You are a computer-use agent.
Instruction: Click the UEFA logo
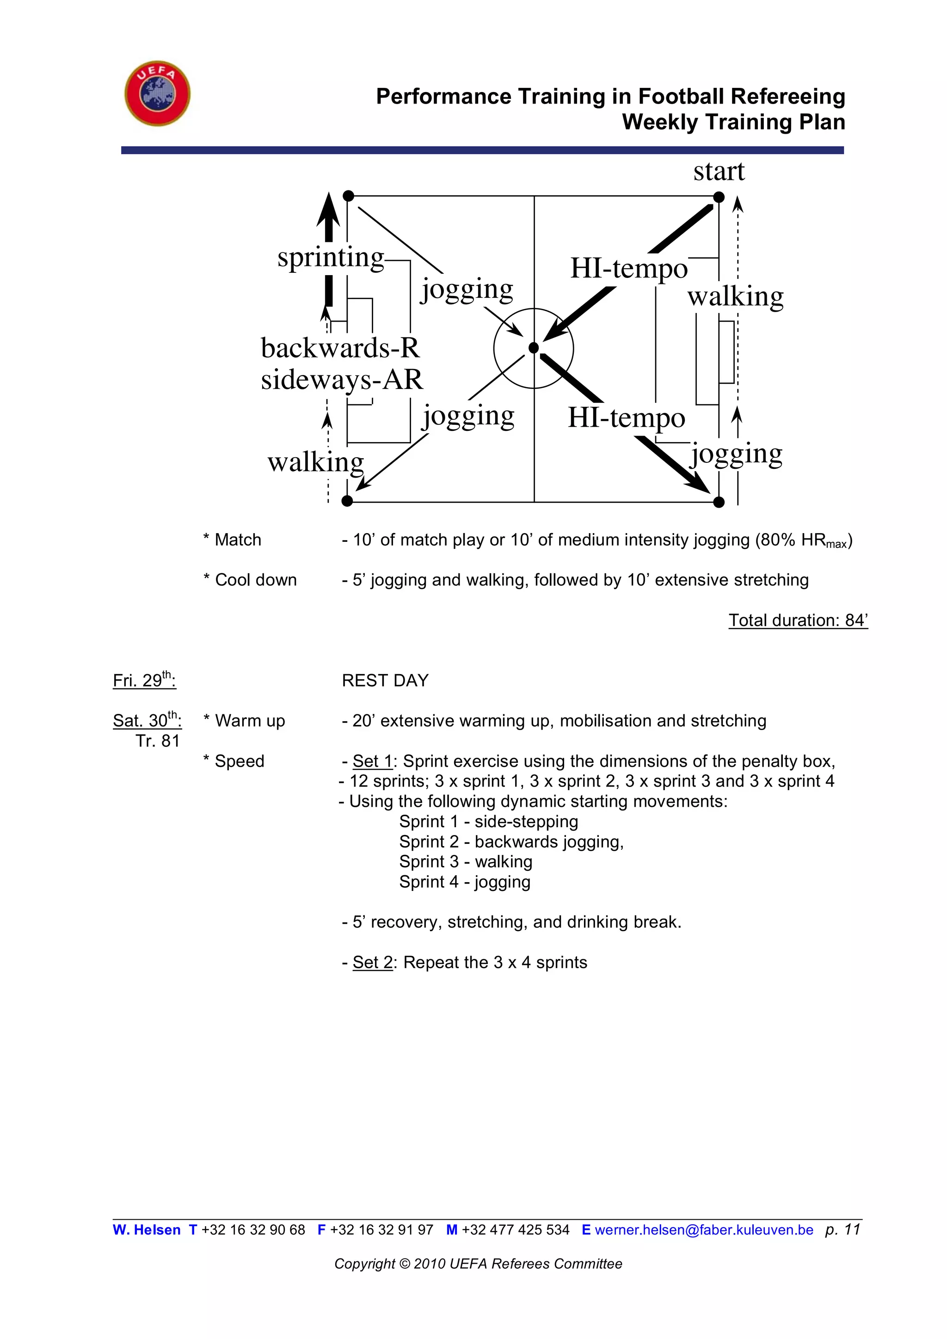pyautogui.click(x=157, y=93)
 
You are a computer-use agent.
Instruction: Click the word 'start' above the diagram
pyautogui.click(x=719, y=172)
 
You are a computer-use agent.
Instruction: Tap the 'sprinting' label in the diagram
pyautogui.click(x=331, y=257)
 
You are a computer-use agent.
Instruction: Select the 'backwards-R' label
pyautogui.click(x=340, y=348)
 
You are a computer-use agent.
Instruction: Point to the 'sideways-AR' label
pyautogui.click(x=342, y=380)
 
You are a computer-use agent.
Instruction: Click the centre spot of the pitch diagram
pyautogui.click(x=534, y=348)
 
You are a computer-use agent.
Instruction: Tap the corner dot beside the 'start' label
pyautogui.click(x=719, y=197)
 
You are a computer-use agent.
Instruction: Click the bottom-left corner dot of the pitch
pyautogui.click(x=347, y=501)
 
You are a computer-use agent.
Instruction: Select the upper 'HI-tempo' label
pyautogui.click(x=628, y=269)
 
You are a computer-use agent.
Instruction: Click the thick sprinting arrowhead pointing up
pyautogui.click(x=328, y=210)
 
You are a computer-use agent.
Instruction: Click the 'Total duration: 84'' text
pyautogui.click(x=798, y=620)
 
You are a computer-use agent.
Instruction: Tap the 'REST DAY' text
pyautogui.click(x=385, y=681)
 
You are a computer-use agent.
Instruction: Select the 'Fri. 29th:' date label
pyautogui.click(x=144, y=680)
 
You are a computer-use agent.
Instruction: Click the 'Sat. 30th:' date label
pyautogui.click(x=147, y=720)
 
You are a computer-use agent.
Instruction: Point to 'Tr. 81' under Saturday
pyautogui.click(x=157, y=741)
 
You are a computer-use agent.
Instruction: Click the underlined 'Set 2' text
pyautogui.click(x=373, y=962)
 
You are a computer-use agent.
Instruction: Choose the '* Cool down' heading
pyautogui.click(x=250, y=580)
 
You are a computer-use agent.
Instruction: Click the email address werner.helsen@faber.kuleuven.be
pyautogui.click(x=704, y=1230)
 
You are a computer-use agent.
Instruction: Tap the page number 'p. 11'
pyautogui.click(x=842, y=1230)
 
